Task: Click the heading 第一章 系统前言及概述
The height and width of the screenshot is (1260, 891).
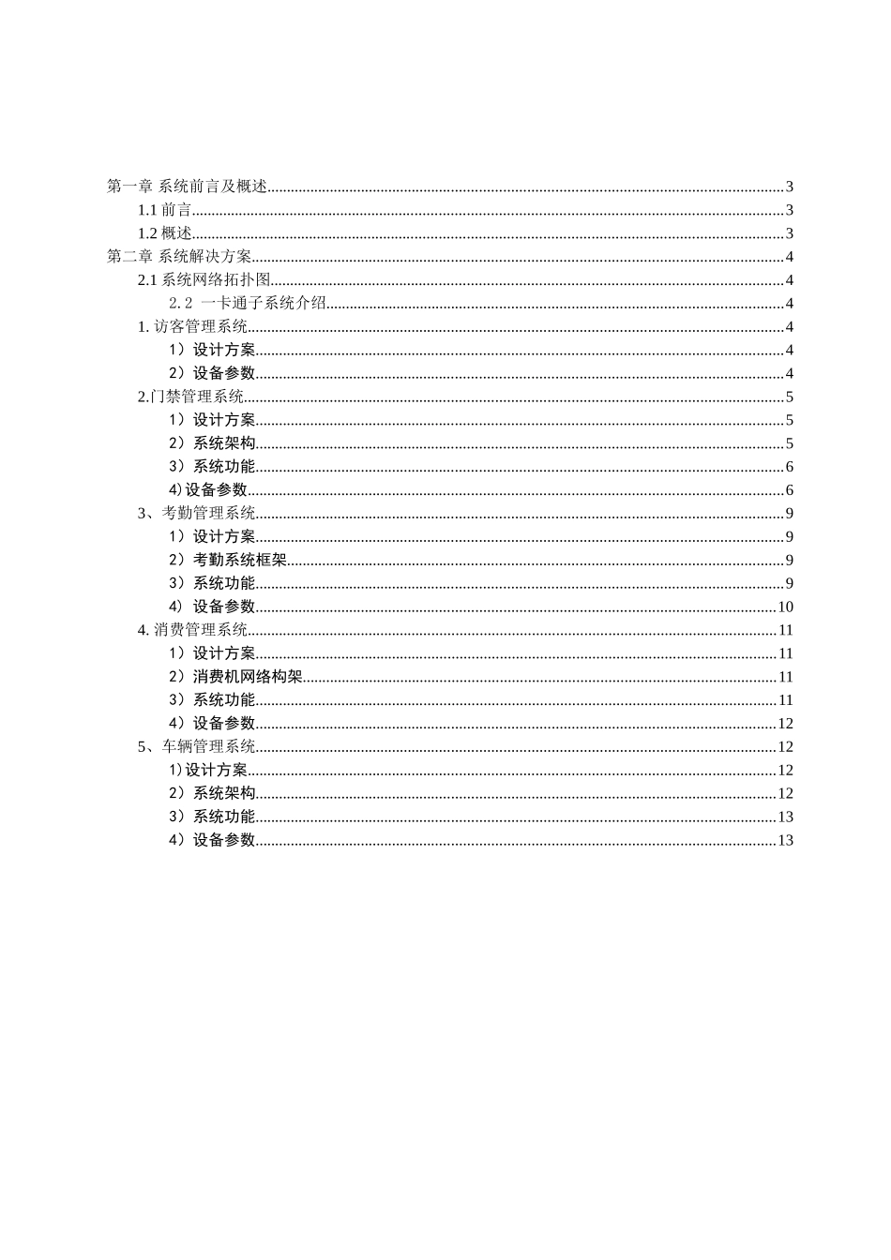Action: click(188, 187)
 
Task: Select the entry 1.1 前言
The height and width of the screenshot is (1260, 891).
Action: click(165, 210)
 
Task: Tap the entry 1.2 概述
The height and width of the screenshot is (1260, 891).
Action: click(165, 233)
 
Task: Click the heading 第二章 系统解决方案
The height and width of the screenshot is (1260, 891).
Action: click(180, 257)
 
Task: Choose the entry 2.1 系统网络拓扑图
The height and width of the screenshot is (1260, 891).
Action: click(204, 280)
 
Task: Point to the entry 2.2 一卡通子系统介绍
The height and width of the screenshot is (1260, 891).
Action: click(248, 303)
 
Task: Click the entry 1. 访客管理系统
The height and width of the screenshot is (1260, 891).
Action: click(193, 326)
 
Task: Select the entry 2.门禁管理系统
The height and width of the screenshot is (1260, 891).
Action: click(191, 397)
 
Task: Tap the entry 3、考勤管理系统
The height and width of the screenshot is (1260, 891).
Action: click(197, 513)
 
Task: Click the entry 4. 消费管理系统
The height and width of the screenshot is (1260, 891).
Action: click(193, 630)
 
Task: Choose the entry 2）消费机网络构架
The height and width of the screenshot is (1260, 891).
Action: click(235, 677)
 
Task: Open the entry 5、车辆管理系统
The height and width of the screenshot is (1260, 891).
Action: click(197, 746)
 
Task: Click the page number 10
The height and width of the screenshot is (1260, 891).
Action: click(786, 607)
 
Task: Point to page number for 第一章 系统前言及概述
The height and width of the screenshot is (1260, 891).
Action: click(790, 187)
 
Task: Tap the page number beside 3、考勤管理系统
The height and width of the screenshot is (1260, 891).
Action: click(790, 513)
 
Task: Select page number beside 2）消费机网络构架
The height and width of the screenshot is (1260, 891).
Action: click(786, 677)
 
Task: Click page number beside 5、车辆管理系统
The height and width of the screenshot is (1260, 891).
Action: click(786, 746)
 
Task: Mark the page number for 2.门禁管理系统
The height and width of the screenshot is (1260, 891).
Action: click(790, 397)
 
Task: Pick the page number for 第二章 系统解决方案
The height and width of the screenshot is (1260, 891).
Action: click(790, 257)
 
